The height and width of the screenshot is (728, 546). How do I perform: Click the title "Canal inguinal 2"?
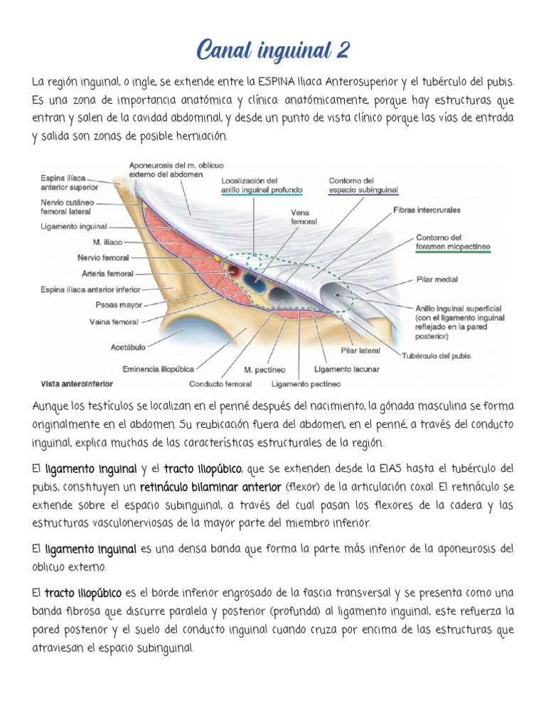[272, 51]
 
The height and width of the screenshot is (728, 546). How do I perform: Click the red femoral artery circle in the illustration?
[234, 270]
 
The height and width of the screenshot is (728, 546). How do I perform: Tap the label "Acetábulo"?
[129, 348]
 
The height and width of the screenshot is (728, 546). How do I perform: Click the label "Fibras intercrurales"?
[427, 210]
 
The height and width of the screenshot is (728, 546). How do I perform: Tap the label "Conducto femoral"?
[220, 384]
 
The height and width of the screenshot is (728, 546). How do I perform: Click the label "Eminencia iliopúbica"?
[158, 369]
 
